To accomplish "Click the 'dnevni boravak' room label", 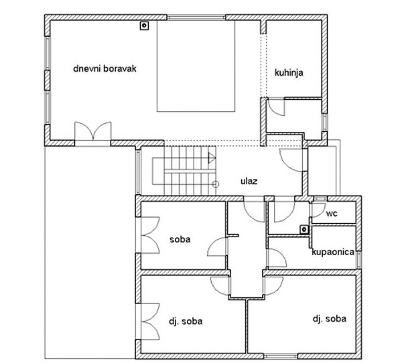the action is (x=105, y=69).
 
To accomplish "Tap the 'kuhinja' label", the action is (x=289, y=72).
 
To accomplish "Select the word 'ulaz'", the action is (x=249, y=181).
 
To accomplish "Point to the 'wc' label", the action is (x=332, y=213).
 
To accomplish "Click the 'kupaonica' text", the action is (x=333, y=252).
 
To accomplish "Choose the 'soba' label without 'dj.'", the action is (x=180, y=240).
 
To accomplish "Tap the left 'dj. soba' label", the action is (x=186, y=321).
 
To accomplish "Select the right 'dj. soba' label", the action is (x=330, y=319).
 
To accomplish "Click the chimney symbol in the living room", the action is (x=144, y=25).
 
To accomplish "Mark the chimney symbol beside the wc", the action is (x=304, y=230).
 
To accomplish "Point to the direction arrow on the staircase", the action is (x=212, y=158).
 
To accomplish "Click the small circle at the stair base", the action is (x=216, y=184).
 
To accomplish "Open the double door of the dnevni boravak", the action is (x=93, y=131).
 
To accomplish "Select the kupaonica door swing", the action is (x=277, y=258).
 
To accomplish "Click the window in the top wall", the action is (x=196, y=17).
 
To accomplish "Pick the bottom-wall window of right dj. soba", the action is (x=281, y=356).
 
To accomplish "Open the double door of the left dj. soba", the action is (x=150, y=321).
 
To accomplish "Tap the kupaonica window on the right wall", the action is (x=359, y=260).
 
